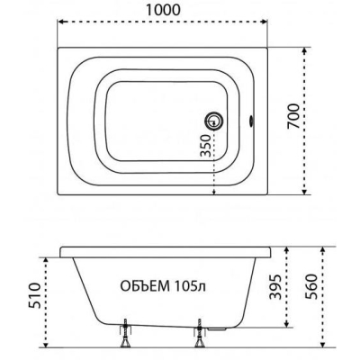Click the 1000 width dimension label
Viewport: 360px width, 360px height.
[x=163, y=10]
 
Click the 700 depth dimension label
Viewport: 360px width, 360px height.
[x=293, y=116]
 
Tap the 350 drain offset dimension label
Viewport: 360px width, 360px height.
[x=206, y=146]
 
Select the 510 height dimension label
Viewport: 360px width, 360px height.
[x=34, y=295]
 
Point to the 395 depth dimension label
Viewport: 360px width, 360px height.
[x=275, y=286]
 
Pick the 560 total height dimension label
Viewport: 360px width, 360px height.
[x=310, y=286]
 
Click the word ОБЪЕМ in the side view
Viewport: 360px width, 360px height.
[x=145, y=286]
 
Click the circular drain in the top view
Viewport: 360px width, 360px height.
[x=214, y=121]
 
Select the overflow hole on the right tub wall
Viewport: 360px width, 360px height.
[x=251, y=121]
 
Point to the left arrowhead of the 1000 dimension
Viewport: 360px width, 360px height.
[x=60, y=22]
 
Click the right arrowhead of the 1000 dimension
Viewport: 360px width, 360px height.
[x=264, y=22]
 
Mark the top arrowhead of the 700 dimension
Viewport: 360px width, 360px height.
[x=304, y=50]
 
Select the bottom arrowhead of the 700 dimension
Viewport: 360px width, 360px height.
[x=304, y=192]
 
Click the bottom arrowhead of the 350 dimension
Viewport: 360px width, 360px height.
[x=214, y=192]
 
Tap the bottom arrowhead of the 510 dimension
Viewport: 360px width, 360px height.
[x=46, y=344]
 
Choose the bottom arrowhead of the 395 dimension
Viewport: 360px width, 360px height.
[x=286, y=324]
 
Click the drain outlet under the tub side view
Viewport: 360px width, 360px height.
[x=217, y=328]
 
